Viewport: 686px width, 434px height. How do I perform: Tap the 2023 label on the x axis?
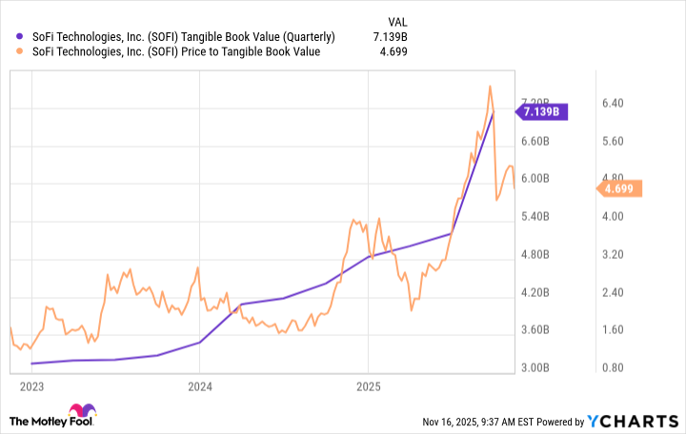coord(30,386)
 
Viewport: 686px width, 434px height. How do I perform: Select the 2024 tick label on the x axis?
coord(199,386)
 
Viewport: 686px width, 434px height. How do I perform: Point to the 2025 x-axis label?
coord(369,386)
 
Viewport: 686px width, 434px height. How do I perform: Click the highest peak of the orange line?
coord(490,86)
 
